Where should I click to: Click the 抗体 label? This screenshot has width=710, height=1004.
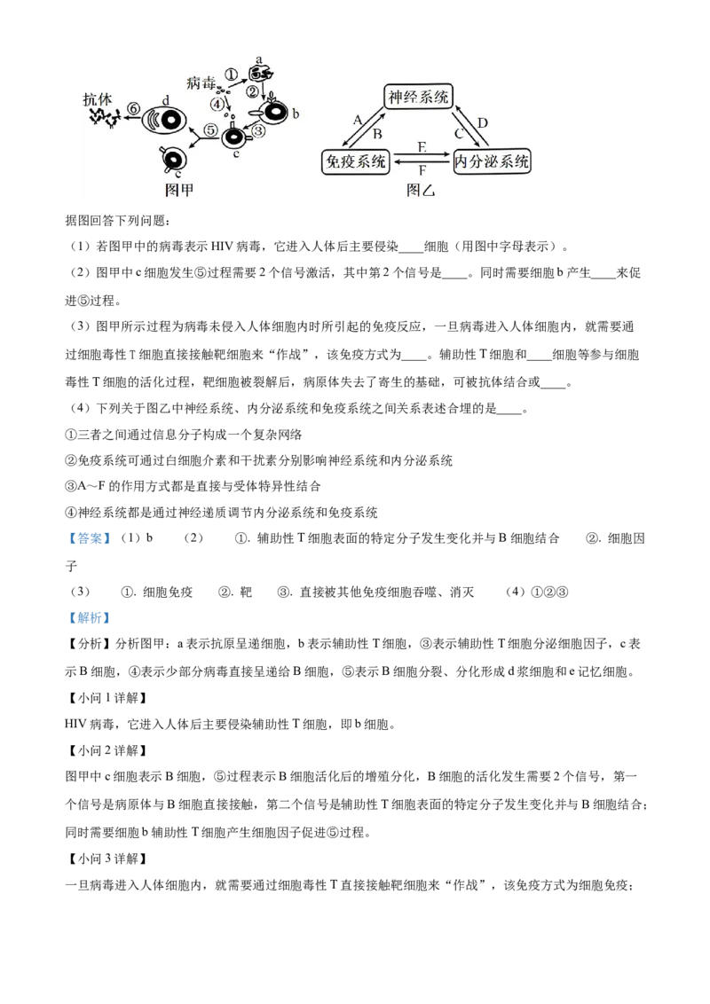pyautogui.click(x=98, y=99)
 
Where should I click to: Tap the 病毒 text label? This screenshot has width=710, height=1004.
pyautogui.click(x=201, y=82)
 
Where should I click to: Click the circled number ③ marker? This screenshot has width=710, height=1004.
pyautogui.click(x=256, y=131)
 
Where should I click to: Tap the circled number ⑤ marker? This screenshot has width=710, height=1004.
pyautogui.click(x=210, y=130)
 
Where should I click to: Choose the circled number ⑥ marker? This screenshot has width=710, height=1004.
pyautogui.click(x=133, y=108)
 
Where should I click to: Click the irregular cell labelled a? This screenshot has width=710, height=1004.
pyautogui.click(x=260, y=71)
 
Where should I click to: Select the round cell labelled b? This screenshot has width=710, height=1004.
pyautogui.click(x=273, y=113)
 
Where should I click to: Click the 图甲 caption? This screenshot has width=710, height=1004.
pyautogui.click(x=179, y=190)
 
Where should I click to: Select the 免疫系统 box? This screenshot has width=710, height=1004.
pyautogui.click(x=355, y=161)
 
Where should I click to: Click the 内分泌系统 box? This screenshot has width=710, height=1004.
pyautogui.click(x=492, y=161)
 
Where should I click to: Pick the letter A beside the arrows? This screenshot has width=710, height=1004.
pyautogui.click(x=358, y=119)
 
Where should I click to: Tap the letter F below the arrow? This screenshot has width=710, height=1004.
pyautogui.click(x=422, y=171)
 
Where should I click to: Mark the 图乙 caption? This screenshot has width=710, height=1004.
pyautogui.click(x=421, y=190)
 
